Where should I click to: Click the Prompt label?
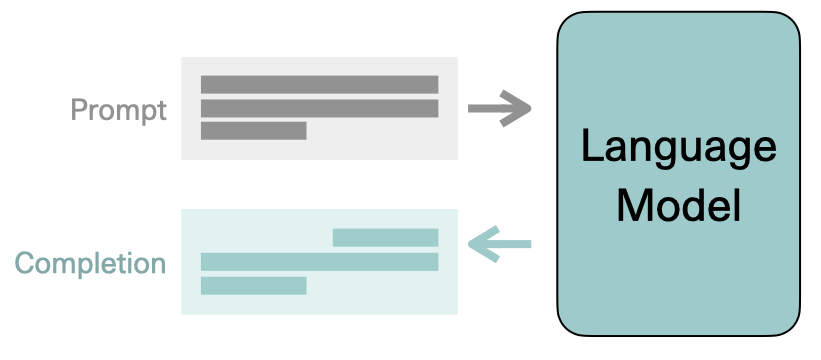pos(119,109)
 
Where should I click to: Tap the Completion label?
pos(90,264)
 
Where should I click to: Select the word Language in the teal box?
pos(678,147)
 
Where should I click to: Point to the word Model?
pos(678,205)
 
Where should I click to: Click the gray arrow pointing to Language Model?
pos(499,108)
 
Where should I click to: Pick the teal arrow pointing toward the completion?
pos(499,244)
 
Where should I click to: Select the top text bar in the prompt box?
pos(320,84)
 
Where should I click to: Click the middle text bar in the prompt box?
pos(320,108)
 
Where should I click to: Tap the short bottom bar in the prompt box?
pos(254,131)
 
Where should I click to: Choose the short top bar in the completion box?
pos(385,238)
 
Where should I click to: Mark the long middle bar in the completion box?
pos(320,262)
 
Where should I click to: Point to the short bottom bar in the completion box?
pos(253,285)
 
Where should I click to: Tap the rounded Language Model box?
pos(678,290)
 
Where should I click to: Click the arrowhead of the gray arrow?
pos(520,108)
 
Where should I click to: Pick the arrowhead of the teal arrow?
pos(478,244)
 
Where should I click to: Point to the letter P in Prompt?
pos(79,109)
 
